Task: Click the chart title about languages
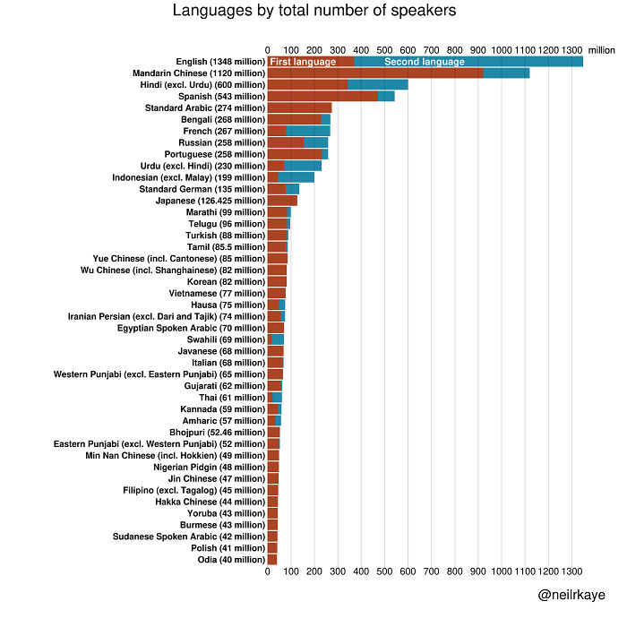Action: point(313,12)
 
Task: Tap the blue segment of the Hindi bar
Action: point(377,84)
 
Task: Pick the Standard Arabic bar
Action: point(299,107)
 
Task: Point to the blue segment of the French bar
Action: point(308,131)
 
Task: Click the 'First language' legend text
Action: point(302,62)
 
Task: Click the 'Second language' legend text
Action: point(424,62)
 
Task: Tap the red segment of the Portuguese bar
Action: point(294,154)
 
